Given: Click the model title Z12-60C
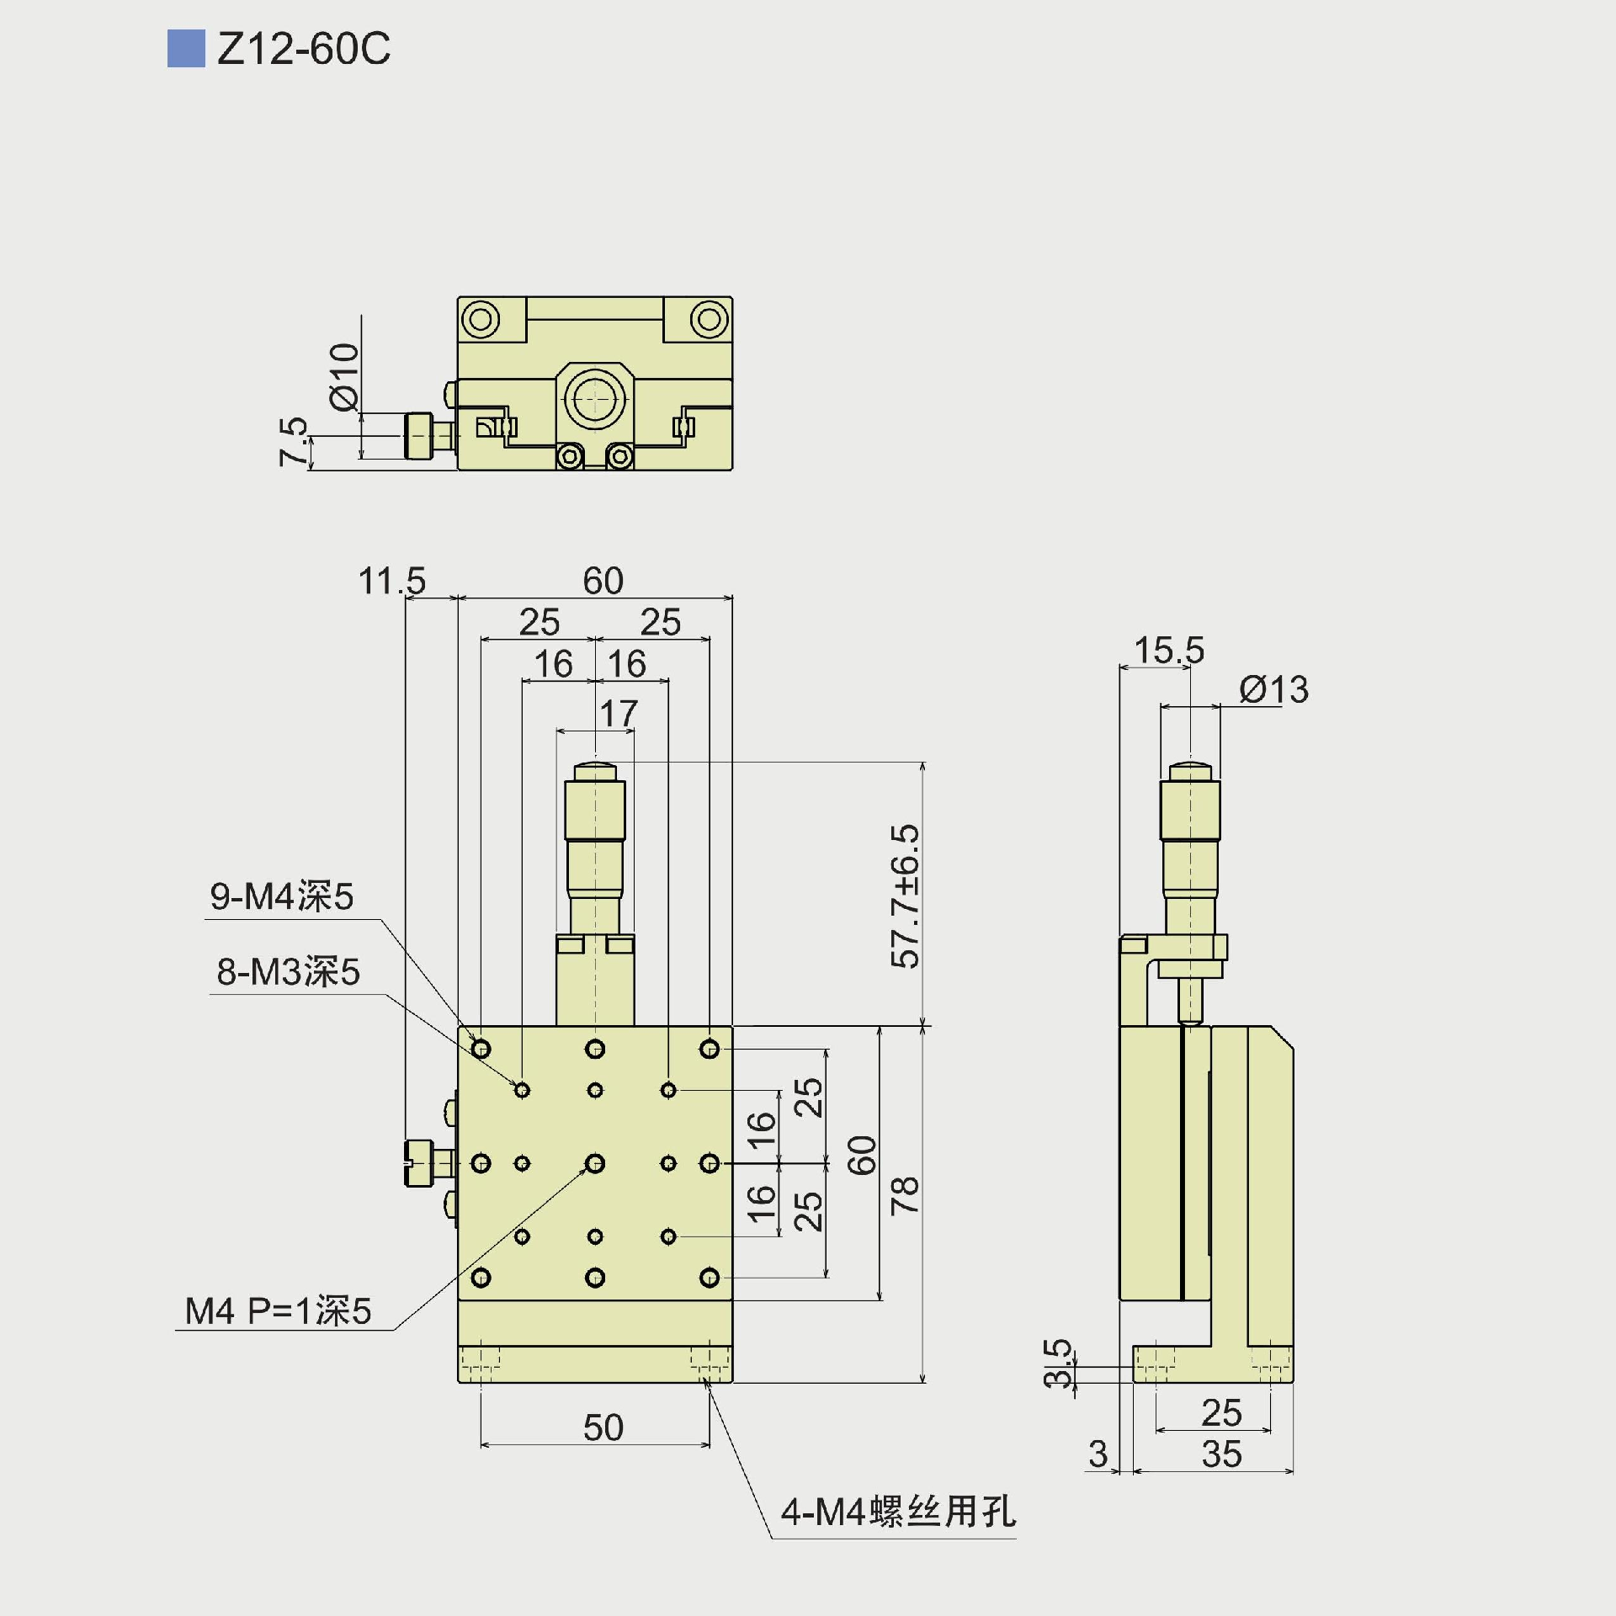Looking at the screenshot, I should [x=303, y=49].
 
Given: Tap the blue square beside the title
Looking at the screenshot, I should [x=186, y=49].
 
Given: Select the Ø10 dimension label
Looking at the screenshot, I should [x=344, y=376].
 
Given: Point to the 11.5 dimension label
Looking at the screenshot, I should [x=392, y=581].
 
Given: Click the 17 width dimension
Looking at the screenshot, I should [x=619, y=714].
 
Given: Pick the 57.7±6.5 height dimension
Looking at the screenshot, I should [x=906, y=896].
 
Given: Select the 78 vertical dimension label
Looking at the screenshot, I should [x=906, y=1195].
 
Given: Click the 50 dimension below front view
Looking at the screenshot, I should [x=603, y=1427].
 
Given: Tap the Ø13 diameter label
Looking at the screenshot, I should [x=1273, y=690].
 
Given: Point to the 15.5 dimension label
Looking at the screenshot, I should [x=1169, y=650].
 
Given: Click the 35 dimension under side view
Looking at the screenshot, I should [x=1221, y=1454].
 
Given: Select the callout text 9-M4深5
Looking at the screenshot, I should [x=281, y=896].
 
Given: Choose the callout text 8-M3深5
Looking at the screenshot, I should [x=288, y=972].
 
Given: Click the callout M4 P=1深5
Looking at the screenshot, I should [x=278, y=1311].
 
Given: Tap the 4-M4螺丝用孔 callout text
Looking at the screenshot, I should [x=898, y=1512].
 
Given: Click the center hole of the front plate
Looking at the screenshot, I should [x=595, y=1163].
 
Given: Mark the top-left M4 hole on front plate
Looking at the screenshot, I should [x=481, y=1049].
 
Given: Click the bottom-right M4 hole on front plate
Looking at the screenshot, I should [x=710, y=1278].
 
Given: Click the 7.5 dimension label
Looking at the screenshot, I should [x=294, y=441].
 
